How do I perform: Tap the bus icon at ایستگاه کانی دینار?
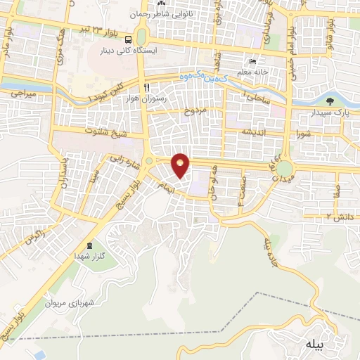coord(130,39)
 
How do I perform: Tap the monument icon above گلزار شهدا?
coord(89,245)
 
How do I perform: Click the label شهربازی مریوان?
coord(70,304)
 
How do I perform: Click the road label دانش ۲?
coord(338,217)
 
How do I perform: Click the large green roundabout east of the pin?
coord(285,169)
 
